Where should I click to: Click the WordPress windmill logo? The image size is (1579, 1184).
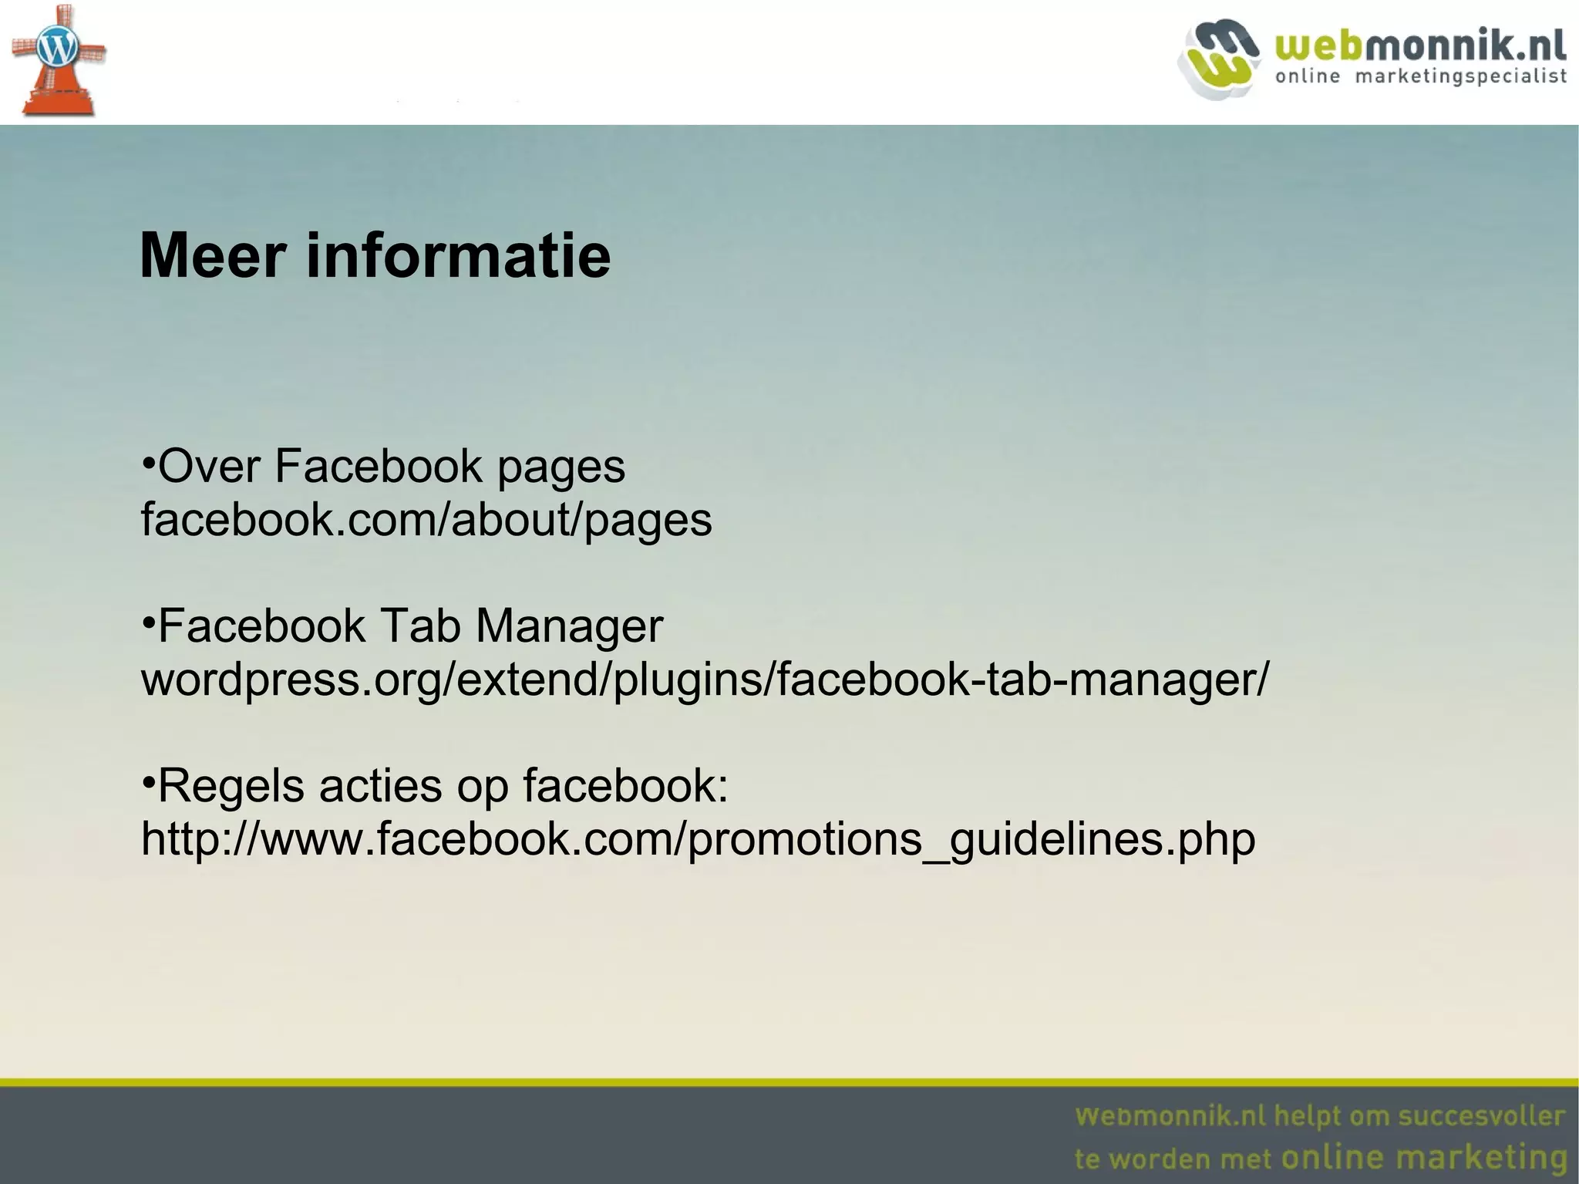[x=58, y=60]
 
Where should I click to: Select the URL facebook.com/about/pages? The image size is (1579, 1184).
[x=426, y=520]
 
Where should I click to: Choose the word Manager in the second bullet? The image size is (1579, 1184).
[x=569, y=627]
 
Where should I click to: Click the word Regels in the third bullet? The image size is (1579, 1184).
[x=230, y=786]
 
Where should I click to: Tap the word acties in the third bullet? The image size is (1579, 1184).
[x=381, y=786]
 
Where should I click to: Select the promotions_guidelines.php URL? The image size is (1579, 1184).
[x=698, y=839]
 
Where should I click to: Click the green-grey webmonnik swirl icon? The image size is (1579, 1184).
[x=1218, y=59]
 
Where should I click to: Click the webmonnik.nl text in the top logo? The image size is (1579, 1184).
[x=1420, y=46]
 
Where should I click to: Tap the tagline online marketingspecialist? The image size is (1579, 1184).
[x=1420, y=76]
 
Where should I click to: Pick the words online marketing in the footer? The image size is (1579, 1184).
[x=1423, y=1158]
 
